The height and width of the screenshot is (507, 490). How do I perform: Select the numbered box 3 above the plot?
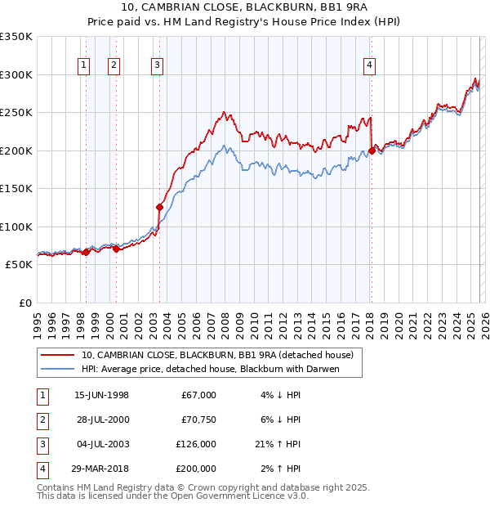coord(157,66)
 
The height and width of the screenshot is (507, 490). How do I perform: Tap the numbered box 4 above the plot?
coord(370,66)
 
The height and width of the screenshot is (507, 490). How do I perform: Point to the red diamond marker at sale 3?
coord(159,208)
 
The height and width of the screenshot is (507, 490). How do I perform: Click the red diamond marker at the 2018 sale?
coord(372,150)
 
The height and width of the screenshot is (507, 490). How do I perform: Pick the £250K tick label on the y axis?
coord(16,112)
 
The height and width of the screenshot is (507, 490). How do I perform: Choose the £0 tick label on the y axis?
coord(25,303)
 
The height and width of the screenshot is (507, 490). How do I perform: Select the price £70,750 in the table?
coord(198,419)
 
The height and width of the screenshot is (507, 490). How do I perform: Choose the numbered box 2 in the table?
coord(40,419)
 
